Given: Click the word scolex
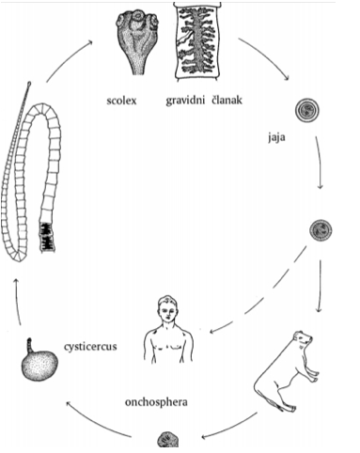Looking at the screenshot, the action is click(x=121, y=101).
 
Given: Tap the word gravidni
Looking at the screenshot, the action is click(x=185, y=101).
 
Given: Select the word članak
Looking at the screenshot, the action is click(x=227, y=100).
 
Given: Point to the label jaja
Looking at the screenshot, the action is click(x=276, y=137).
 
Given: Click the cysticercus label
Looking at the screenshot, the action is click(x=90, y=347).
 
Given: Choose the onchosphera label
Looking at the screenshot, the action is click(x=156, y=402).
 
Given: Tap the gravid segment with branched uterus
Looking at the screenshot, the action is click(x=197, y=41).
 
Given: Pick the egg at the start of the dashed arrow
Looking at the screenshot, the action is click(x=321, y=230).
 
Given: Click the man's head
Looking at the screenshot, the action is click(x=168, y=308).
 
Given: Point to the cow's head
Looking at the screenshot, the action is click(x=302, y=339).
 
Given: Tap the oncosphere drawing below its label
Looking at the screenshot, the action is click(x=167, y=440).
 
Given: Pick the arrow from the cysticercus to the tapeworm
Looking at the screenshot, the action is click(x=17, y=301).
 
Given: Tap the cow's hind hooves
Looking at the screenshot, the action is click(x=287, y=408).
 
